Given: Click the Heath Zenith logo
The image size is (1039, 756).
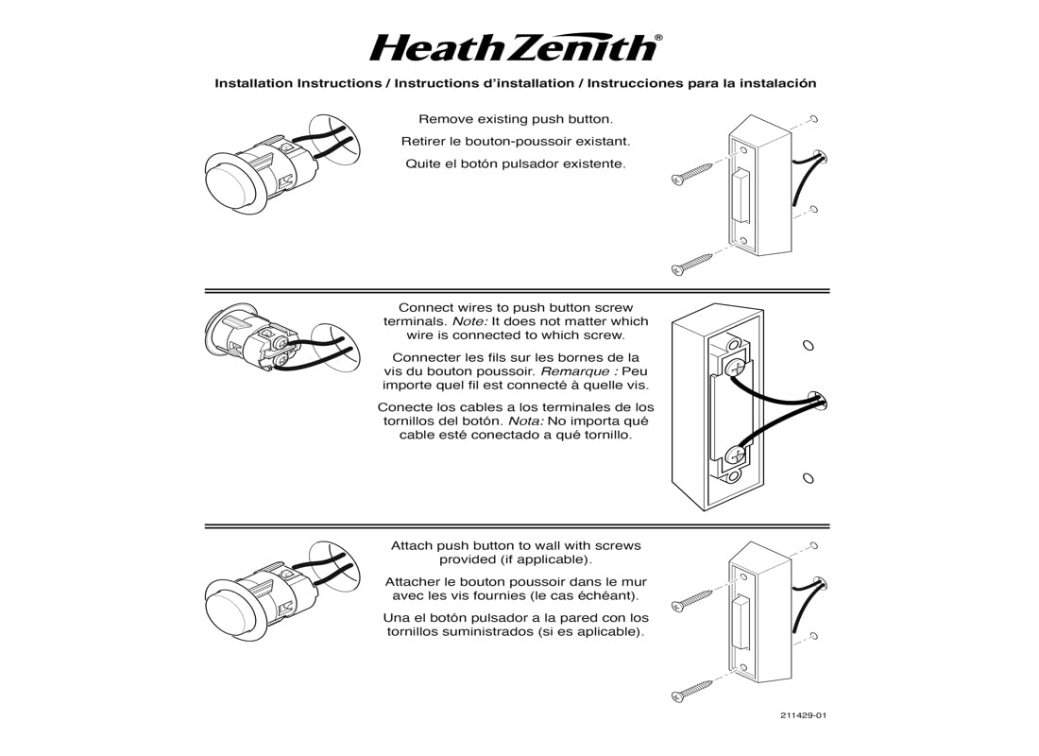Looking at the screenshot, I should click(513, 47).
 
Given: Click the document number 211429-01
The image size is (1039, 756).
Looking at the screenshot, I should click(804, 715).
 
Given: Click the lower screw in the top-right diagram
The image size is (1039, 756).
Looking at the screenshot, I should click(693, 264).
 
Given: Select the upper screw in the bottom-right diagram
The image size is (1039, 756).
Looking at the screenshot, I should click(693, 600).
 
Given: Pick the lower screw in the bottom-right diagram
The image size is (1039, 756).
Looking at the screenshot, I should click(693, 690).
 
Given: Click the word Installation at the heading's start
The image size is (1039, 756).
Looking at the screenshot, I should click(254, 83).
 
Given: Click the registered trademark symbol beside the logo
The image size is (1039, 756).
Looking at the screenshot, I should click(658, 38).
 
